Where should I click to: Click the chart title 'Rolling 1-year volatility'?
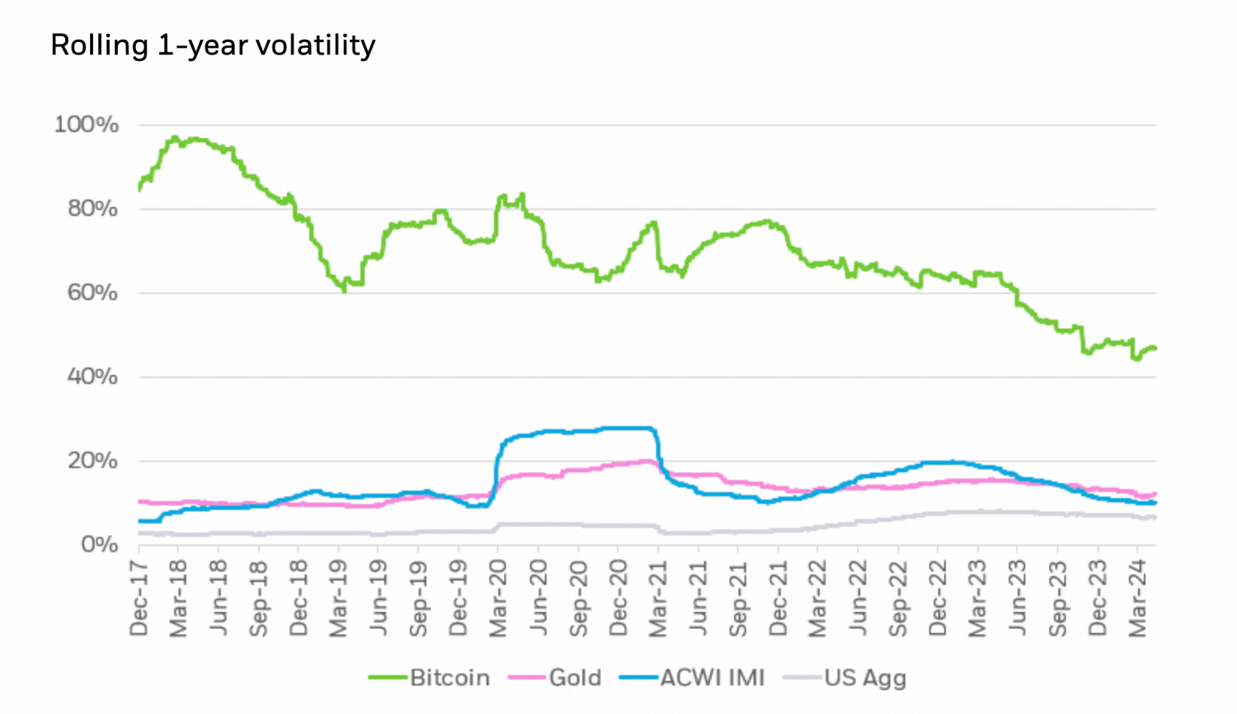213,45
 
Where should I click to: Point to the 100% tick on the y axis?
87,125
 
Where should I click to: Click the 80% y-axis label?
92,209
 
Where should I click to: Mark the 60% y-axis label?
92,293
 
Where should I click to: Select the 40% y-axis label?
92,377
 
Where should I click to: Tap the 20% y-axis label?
92,461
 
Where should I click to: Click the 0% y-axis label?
99,545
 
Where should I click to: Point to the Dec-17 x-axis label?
139,598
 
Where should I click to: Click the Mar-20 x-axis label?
498,598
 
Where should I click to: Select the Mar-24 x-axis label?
1138,598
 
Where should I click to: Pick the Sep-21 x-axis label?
738,598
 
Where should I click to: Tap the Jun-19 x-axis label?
379,598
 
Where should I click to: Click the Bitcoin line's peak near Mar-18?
174,137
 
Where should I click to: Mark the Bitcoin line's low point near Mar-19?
344,291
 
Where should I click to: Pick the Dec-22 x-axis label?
938,598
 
